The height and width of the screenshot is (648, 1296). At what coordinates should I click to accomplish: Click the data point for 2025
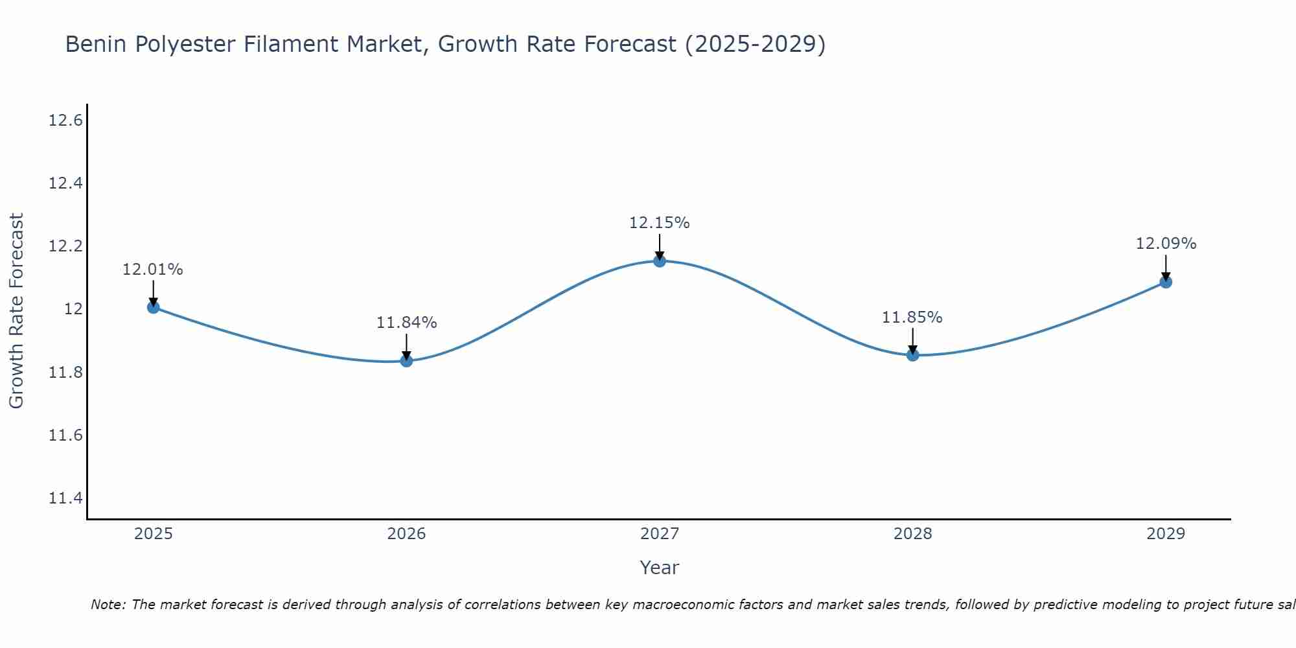(x=154, y=307)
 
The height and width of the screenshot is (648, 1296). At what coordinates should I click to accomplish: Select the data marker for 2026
(x=406, y=361)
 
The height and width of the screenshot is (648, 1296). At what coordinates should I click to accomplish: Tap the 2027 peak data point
(x=660, y=261)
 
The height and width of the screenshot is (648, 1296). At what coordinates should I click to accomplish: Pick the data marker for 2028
(x=912, y=355)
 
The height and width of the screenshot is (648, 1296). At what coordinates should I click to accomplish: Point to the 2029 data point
(x=1166, y=282)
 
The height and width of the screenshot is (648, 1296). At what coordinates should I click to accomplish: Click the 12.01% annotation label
(x=153, y=270)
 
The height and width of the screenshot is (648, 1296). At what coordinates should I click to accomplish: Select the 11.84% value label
(x=406, y=323)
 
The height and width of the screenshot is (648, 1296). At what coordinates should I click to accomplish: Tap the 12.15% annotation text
(x=659, y=223)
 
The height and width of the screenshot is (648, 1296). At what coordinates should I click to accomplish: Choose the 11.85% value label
(x=912, y=318)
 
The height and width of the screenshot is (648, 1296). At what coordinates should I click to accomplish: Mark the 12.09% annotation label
(x=1166, y=244)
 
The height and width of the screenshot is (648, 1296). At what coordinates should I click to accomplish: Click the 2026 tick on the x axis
(x=406, y=534)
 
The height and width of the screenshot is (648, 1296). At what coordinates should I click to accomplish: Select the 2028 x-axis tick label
(x=912, y=534)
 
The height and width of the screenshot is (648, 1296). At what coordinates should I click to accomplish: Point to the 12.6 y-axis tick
(x=65, y=121)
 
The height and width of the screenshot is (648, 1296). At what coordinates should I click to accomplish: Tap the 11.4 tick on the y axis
(x=65, y=498)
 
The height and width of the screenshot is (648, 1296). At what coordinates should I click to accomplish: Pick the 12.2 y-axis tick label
(x=65, y=246)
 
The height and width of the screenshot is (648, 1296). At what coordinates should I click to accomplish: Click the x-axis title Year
(x=659, y=568)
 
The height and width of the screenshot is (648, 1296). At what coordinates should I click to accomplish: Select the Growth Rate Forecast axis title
(x=16, y=310)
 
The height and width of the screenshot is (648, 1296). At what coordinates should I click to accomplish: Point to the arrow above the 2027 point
(x=660, y=246)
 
